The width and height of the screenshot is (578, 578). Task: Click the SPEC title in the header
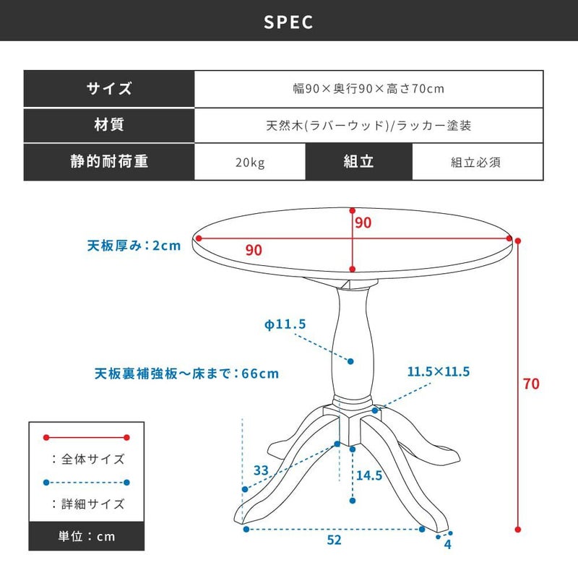coord(288,22)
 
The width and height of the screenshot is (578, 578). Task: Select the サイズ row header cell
coord(109,89)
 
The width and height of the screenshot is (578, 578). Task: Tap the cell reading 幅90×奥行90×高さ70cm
coord(368,89)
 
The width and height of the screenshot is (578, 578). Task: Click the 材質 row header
coord(109,125)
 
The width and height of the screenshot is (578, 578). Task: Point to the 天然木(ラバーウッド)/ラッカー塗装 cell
coord(368,125)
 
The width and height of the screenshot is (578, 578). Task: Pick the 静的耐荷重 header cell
coord(109,161)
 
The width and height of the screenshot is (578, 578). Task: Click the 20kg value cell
coord(250,162)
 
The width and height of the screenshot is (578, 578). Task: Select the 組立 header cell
coord(358,161)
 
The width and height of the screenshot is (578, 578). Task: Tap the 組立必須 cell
coord(478,162)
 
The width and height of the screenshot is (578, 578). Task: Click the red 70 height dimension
coord(531,384)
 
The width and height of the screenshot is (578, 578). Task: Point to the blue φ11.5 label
coord(285,324)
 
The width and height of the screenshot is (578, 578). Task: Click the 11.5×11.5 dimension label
coord(439,371)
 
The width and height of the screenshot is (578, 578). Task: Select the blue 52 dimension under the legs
coord(334,540)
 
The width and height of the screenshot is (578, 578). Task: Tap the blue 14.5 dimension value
coord(369,475)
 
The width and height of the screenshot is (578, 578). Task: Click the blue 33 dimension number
coord(261,470)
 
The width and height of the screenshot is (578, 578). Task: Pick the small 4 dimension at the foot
coord(447,545)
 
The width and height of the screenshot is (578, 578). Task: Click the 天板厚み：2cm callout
coord(134,246)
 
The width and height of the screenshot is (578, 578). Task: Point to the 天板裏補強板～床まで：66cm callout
coord(186,374)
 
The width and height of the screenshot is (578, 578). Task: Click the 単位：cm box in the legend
coord(87,536)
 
